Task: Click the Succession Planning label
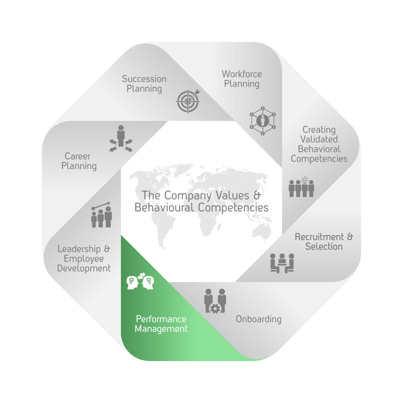[x=144, y=83]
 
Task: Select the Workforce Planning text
[x=241, y=79]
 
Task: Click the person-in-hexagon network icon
[x=262, y=120]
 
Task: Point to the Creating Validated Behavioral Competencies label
[x=319, y=144]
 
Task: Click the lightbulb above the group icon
[x=305, y=180]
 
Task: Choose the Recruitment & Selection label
[x=324, y=241]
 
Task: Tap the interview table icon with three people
[x=282, y=263]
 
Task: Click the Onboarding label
[x=258, y=319]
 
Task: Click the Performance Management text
[x=161, y=324]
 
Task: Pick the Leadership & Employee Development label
[x=84, y=258]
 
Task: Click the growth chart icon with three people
[x=101, y=215]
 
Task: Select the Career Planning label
[x=79, y=161]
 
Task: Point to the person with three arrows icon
[x=120, y=139]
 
